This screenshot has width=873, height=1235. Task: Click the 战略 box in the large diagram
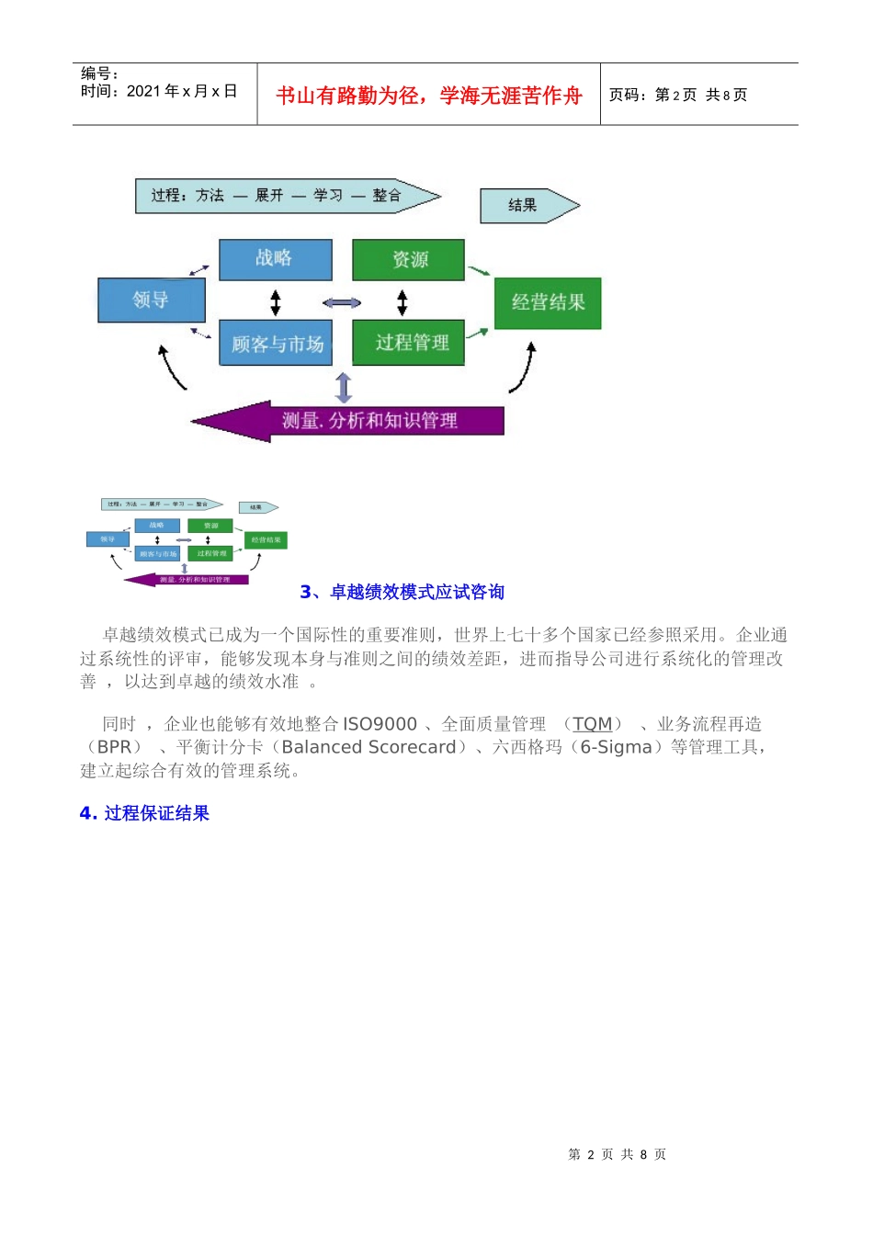(x=275, y=259)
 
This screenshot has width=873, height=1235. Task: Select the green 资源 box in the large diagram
(x=409, y=259)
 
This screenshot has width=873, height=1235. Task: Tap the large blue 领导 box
(x=151, y=300)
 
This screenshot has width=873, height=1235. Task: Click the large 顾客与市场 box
(x=276, y=344)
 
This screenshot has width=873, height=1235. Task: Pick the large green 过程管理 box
(x=409, y=343)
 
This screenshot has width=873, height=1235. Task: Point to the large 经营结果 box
(x=548, y=302)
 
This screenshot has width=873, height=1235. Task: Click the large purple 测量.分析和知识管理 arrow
(x=368, y=421)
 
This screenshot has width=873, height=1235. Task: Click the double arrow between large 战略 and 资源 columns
(x=342, y=302)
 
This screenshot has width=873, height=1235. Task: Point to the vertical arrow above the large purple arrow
(x=344, y=388)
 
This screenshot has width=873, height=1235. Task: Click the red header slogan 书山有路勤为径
(x=428, y=96)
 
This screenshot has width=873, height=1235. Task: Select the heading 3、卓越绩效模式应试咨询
(x=402, y=592)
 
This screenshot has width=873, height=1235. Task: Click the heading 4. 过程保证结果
(x=144, y=813)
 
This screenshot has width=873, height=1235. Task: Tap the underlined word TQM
(x=592, y=724)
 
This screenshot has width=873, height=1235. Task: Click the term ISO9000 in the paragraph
(x=380, y=724)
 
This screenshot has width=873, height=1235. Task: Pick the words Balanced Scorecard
(x=368, y=747)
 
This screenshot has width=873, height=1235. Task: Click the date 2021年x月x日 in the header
(x=182, y=91)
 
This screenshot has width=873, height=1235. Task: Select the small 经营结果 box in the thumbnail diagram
(x=266, y=539)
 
